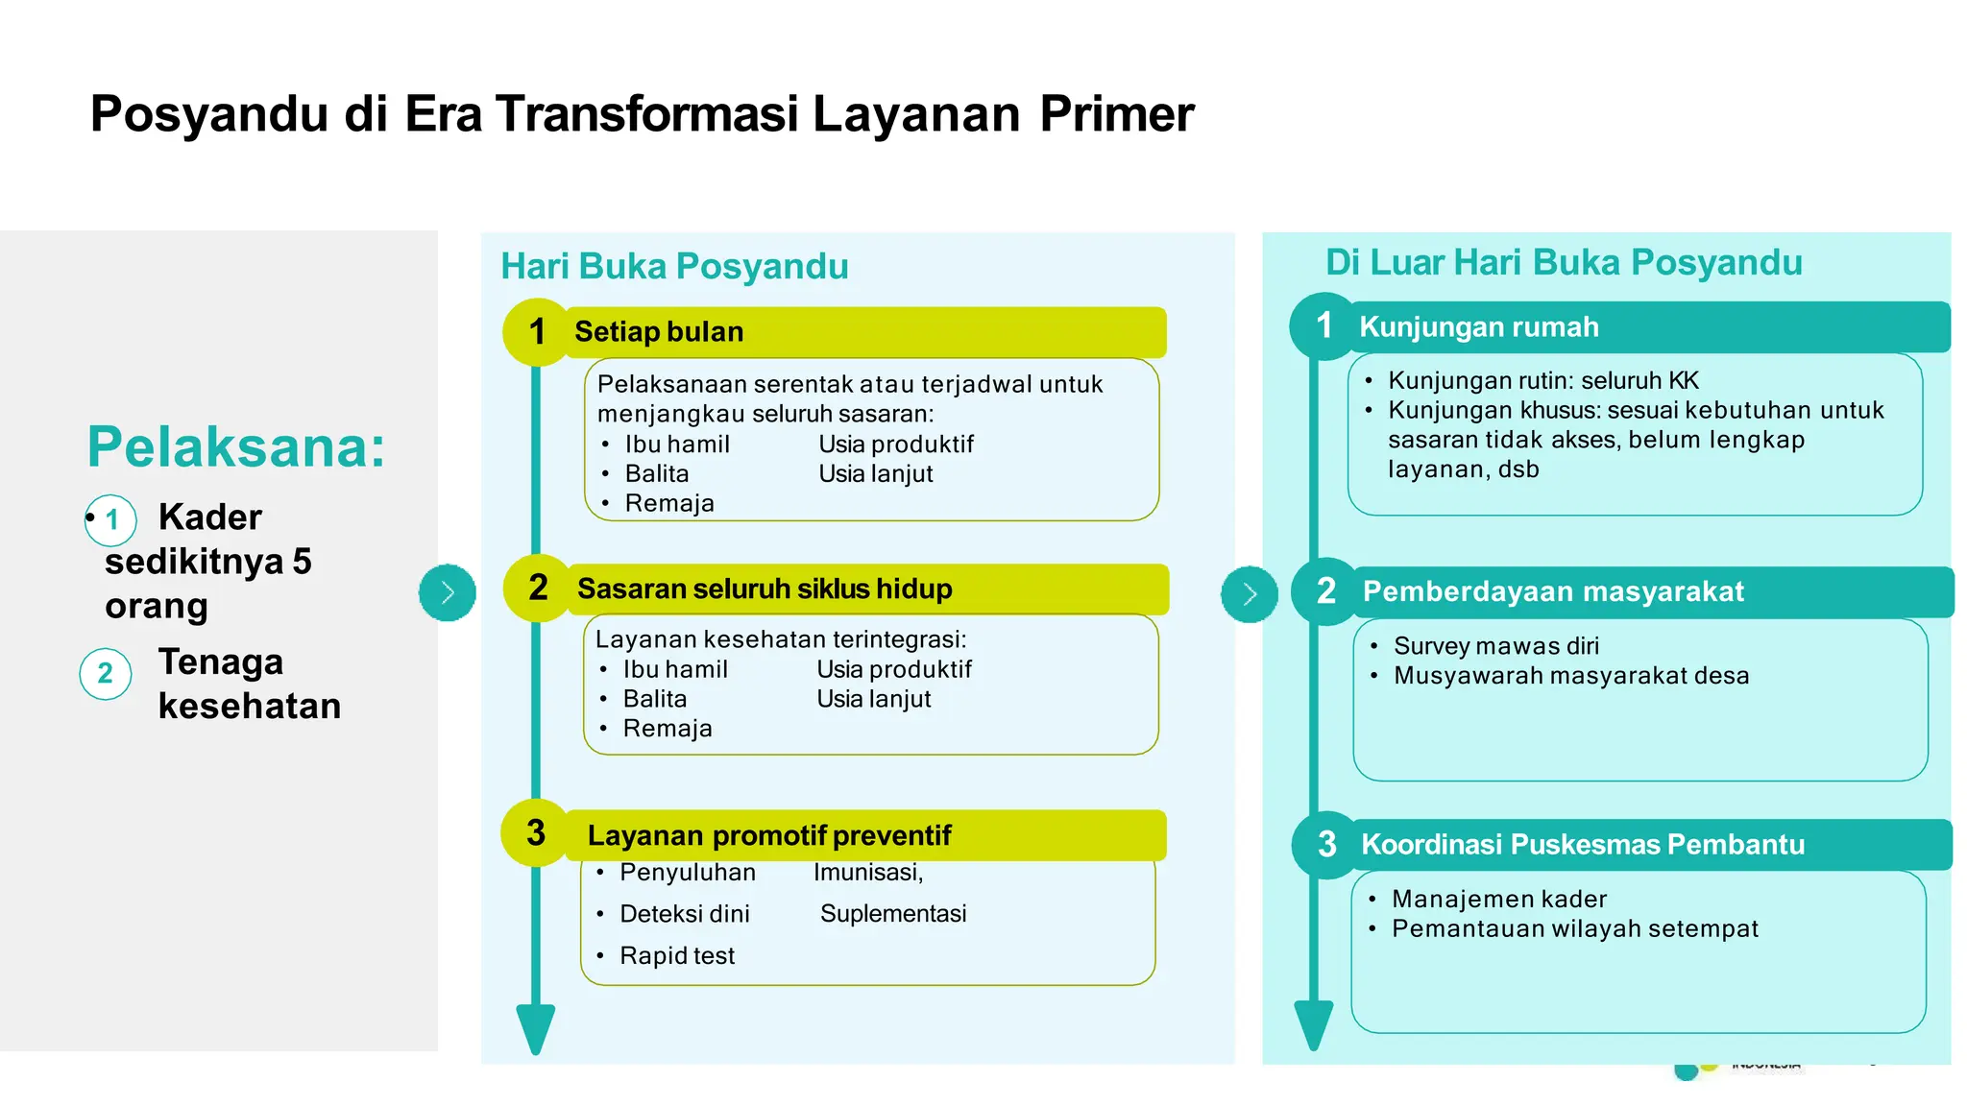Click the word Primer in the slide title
click(1116, 113)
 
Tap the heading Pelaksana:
click(235, 446)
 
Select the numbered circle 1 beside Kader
click(112, 519)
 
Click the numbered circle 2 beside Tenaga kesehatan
click(106, 673)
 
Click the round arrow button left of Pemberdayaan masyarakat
click(1249, 593)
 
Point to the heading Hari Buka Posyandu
click(674, 266)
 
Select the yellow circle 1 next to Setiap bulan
click(537, 332)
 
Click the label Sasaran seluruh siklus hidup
click(765, 589)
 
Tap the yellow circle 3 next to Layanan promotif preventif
click(535, 832)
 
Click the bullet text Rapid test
click(676, 955)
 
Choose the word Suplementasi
click(892, 913)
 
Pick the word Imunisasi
click(867, 872)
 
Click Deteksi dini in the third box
click(684, 913)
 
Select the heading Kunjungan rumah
click(1478, 326)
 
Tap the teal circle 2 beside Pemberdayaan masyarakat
click(1325, 590)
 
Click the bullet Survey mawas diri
click(1495, 645)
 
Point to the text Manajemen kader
click(1498, 899)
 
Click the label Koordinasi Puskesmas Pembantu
click(1582, 844)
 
